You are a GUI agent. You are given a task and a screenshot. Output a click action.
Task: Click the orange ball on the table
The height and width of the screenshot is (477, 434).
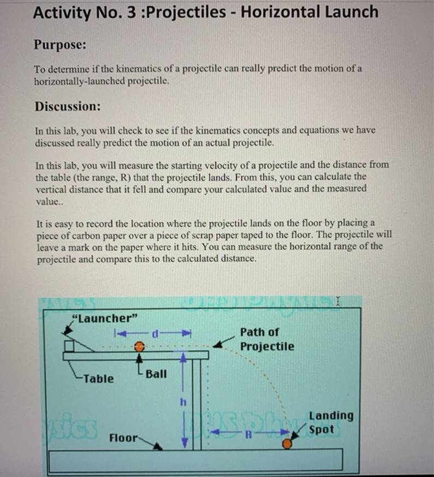click(140, 346)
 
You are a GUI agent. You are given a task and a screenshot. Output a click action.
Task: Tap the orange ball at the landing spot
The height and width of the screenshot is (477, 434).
click(287, 444)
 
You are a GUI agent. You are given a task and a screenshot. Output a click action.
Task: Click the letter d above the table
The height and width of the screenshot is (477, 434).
click(155, 333)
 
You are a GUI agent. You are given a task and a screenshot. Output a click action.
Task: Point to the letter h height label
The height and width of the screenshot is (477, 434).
click(183, 403)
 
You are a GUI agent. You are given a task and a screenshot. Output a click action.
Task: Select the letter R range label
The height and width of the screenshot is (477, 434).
click(247, 435)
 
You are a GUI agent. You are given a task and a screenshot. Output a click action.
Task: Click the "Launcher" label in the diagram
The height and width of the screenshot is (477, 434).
click(105, 318)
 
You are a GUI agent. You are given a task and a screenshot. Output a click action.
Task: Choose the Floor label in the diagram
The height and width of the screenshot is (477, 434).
click(123, 438)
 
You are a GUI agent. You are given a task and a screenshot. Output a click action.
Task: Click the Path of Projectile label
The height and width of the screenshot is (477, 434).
click(266, 339)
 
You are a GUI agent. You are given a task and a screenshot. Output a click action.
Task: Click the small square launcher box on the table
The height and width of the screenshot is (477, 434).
click(69, 346)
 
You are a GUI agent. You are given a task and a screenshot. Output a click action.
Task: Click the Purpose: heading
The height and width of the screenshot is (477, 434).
click(61, 45)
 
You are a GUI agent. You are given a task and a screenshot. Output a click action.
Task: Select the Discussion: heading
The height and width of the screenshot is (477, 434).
click(68, 106)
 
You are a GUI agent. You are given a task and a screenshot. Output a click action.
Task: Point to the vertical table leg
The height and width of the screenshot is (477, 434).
click(197, 403)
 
